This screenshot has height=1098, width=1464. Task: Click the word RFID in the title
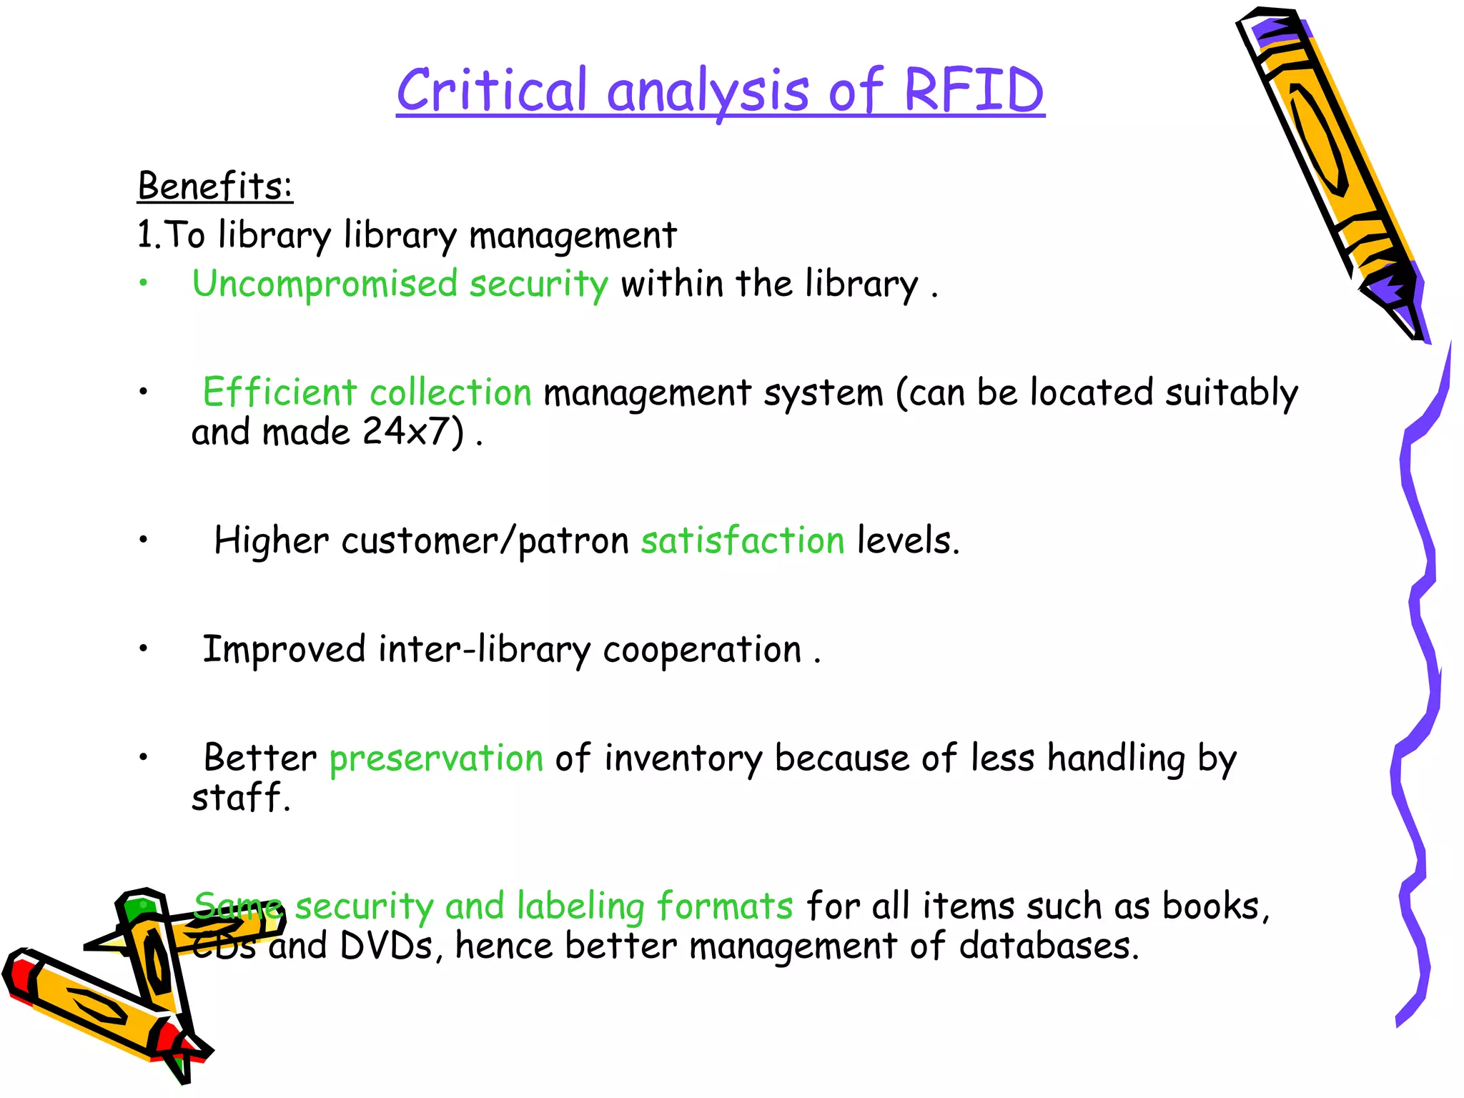point(974,91)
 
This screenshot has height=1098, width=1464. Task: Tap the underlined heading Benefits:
point(215,187)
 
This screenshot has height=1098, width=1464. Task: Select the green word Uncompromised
point(325,284)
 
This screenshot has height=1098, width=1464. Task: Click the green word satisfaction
point(743,540)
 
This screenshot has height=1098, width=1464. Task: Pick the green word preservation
point(436,758)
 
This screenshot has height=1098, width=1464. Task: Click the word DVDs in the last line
point(386,946)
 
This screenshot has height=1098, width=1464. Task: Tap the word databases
point(1048,946)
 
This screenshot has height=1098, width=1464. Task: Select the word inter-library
point(484,650)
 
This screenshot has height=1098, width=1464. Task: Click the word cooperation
point(702,650)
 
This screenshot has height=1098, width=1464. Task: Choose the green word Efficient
point(280,392)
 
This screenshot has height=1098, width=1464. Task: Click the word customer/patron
point(485,540)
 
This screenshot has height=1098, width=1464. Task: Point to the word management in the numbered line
point(573,235)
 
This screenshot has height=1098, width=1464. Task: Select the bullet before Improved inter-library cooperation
point(144,648)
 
